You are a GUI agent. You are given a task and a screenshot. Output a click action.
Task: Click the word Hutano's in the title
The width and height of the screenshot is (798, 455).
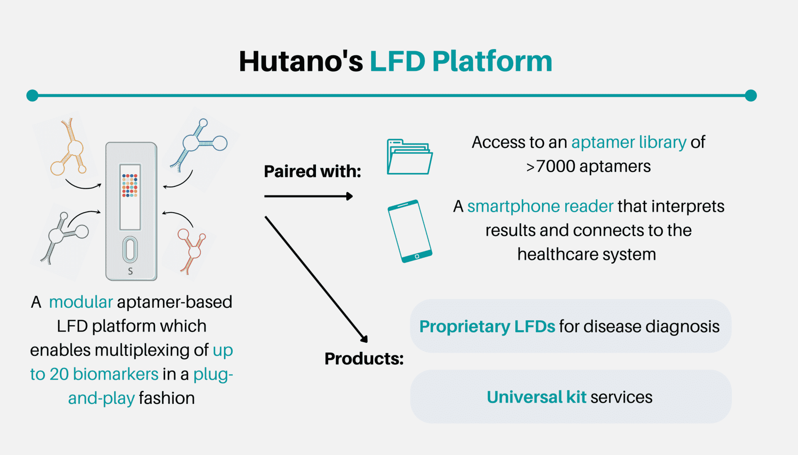point(301,61)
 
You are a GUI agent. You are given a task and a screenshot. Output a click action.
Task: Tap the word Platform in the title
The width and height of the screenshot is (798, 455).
point(492,61)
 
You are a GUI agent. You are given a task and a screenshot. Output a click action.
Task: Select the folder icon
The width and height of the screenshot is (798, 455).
point(410,156)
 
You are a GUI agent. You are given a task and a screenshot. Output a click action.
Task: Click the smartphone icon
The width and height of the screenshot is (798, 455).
point(410,231)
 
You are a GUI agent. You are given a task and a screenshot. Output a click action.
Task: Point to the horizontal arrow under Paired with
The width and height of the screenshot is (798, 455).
point(308,196)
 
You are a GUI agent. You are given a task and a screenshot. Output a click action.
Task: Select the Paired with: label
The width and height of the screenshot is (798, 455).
point(313,171)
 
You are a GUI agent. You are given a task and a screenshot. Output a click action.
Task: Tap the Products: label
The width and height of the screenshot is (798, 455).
point(364,359)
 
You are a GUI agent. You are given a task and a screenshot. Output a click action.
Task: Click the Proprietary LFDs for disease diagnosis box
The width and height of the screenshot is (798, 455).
point(570,326)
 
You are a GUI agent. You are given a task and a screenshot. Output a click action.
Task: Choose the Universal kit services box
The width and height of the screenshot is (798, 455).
point(570,397)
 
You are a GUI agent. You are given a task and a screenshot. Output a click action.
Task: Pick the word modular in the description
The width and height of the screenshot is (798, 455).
point(81,302)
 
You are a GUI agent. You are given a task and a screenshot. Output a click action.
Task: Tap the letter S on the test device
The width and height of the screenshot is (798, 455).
point(131,271)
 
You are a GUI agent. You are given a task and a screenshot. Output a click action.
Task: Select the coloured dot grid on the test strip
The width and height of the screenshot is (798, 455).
point(130,185)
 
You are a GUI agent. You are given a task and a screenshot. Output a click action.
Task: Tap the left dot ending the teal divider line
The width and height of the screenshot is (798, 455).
point(32,96)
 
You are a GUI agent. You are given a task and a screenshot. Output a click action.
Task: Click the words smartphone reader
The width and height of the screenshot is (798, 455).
point(540,206)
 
